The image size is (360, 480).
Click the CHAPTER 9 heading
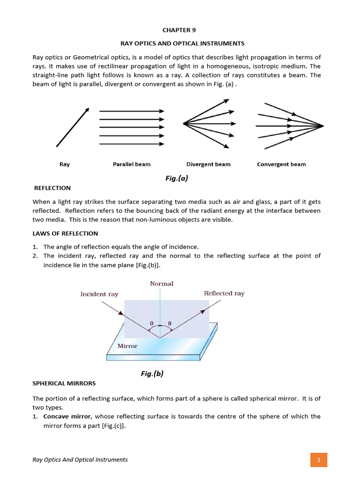179,30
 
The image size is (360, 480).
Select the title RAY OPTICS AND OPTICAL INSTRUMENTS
182,43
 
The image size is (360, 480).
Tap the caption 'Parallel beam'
132,165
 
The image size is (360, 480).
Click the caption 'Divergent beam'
208,165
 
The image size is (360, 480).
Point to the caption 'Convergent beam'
281,165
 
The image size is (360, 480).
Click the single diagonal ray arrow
73,127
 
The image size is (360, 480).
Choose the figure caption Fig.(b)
152,374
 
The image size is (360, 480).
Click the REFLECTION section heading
52,188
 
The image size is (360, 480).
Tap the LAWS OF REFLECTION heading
65,233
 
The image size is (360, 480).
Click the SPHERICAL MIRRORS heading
64,383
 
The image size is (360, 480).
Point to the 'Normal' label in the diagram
162,284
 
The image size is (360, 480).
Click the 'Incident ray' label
99,294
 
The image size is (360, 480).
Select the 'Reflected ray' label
224,293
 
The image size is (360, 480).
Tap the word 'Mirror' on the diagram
127,346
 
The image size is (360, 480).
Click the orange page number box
318,460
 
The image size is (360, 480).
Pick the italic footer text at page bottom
80,460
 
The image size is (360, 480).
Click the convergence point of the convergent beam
322,126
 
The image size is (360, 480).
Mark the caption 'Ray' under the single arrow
64,165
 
